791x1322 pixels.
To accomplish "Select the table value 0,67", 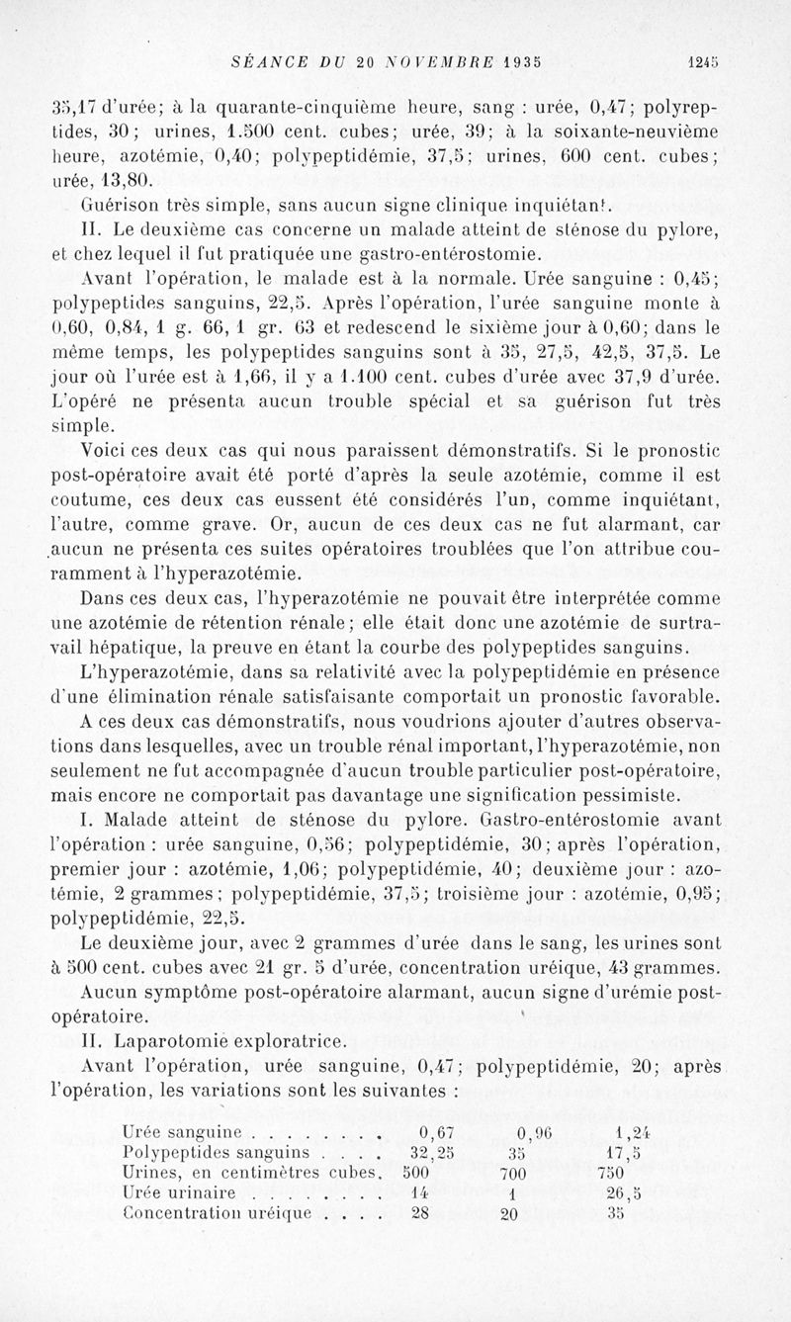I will pyautogui.click(x=436, y=1131).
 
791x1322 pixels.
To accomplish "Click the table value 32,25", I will pyautogui.click(x=432, y=1152).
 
